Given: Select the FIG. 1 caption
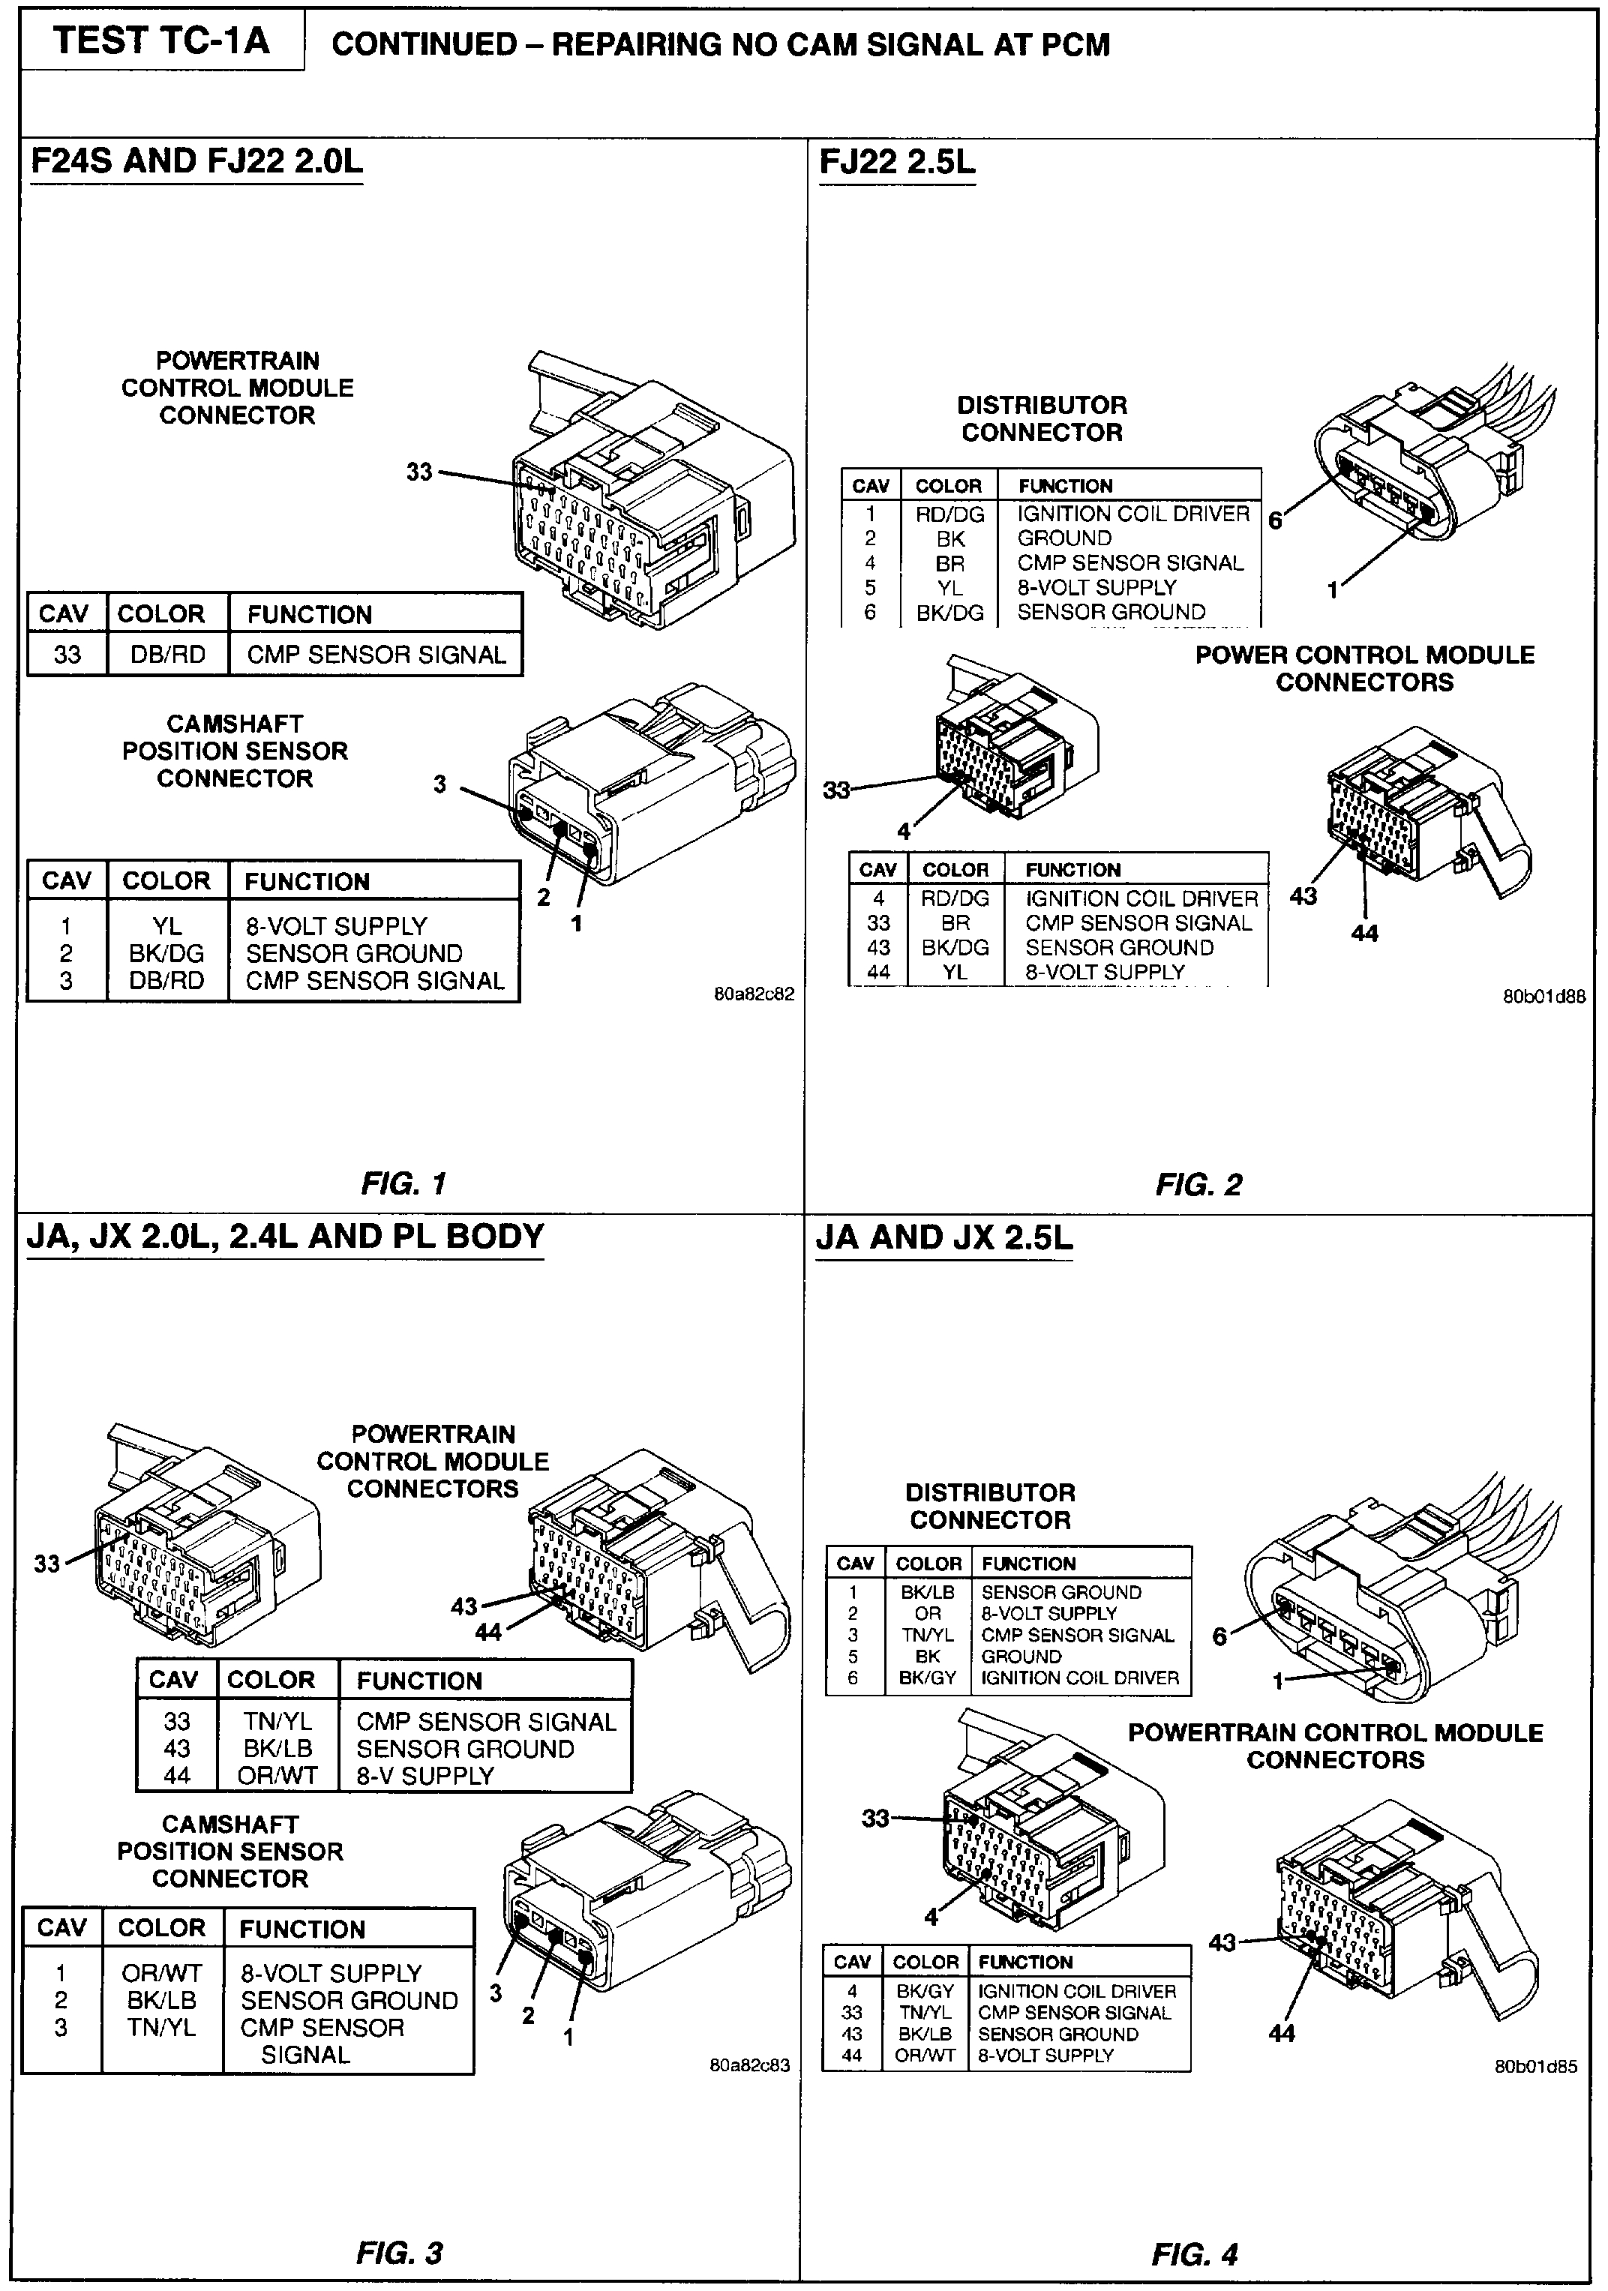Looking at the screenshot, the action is tap(403, 1183).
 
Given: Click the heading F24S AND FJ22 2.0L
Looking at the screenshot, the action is tap(196, 162).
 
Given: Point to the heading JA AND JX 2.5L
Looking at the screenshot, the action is tap(943, 1238).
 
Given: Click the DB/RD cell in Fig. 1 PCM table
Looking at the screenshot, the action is tap(168, 655).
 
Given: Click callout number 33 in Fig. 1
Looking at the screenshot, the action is tap(419, 471).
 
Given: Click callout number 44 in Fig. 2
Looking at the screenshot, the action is tap(1363, 933).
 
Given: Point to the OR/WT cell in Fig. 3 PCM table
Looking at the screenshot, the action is tap(277, 1775).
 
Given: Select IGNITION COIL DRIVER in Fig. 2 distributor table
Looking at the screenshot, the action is tap(1133, 514).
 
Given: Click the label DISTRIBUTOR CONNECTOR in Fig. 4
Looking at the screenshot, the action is tap(990, 1507).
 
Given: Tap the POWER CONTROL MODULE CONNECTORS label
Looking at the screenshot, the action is tap(1364, 668).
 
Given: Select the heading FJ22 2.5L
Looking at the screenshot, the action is tap(897, 162).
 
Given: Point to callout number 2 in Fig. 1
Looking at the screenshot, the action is tap(543, 897).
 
